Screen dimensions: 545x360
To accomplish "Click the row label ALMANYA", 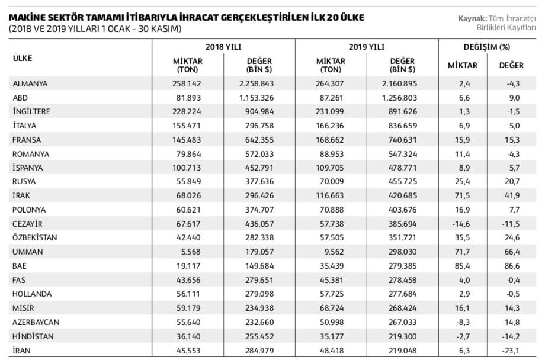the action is (30, 83).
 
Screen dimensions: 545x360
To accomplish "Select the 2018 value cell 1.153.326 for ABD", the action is (257, 98).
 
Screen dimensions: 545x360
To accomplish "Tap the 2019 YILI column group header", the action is (367, 47).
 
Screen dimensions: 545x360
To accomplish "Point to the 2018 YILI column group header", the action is (223, 47).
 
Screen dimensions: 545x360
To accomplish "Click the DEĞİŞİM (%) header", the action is (487, 47).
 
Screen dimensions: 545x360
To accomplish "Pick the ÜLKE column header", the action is (23, 58).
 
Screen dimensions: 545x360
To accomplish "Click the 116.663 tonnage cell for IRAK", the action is (329, 195).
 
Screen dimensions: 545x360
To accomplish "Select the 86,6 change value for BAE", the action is (512, 266).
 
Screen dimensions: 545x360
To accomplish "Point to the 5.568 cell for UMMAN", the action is (189, 252).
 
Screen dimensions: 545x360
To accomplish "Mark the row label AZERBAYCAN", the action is (36, 323).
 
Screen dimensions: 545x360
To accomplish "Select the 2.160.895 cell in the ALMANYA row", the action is (399, 83).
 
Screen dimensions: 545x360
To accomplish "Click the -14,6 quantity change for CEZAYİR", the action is (461, 224).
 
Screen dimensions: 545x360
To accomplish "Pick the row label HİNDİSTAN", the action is (33, 336).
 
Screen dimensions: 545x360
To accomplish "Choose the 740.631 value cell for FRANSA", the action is (402, 140).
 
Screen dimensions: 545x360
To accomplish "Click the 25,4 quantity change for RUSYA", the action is (462, 181).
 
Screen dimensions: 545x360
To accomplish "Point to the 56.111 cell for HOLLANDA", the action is (188, 294).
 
